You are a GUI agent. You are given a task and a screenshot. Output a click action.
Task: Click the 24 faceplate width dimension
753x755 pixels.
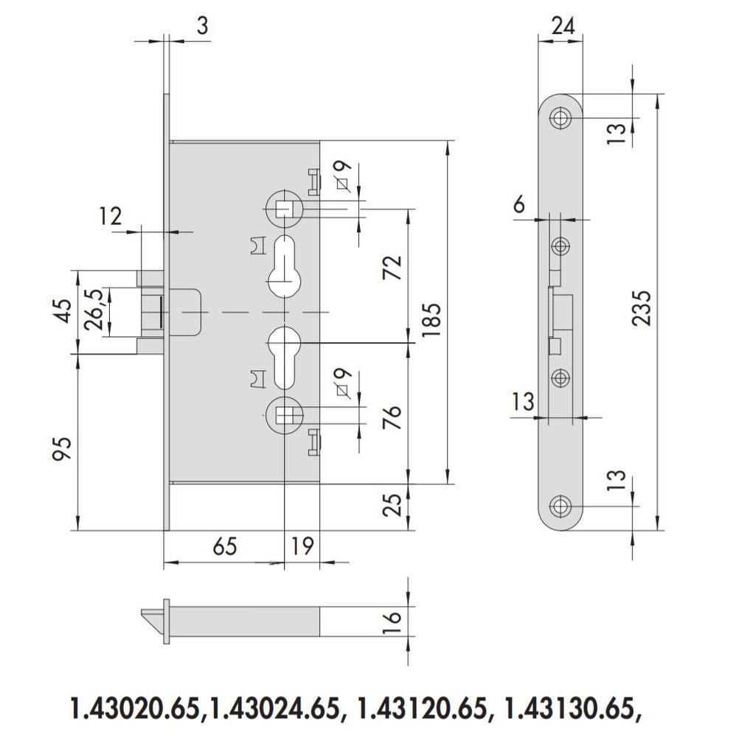click(563, 27)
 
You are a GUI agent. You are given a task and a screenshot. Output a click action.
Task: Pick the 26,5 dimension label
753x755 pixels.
click(94, 312)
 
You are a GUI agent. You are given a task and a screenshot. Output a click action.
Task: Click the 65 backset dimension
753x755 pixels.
click(224, 546)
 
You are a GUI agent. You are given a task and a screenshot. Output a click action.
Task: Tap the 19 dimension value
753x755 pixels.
click(302, 546)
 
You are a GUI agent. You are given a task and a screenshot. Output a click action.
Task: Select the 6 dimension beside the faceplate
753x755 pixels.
click(520, 204)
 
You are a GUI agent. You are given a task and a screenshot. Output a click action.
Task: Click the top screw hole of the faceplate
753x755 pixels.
click(562, 117)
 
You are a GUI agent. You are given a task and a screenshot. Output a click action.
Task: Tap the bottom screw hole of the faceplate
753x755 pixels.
click(562, 507)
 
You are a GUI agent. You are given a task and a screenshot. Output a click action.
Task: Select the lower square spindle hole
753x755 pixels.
click(283, 415)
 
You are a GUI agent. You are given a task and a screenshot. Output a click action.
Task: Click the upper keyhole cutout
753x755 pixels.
click(283, 265)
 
